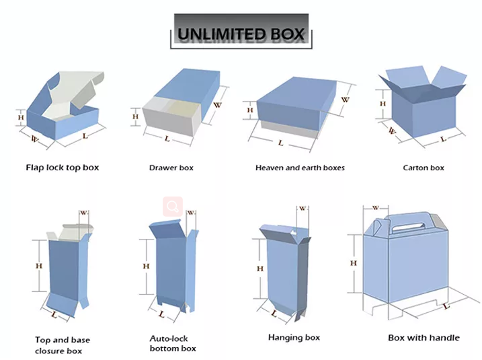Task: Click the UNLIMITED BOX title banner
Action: click(x=241, y=32)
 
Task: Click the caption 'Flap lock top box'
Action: click(x=62, y=168)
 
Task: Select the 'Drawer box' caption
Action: click(x=171, y=168)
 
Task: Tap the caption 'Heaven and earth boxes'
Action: click(x=300, y=168)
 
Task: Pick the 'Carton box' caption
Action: click(x=423, y=168)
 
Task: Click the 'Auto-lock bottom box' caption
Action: click(x=173, y=343)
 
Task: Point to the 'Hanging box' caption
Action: click(x=294, y=337)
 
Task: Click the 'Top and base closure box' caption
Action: click(x=63, y=345)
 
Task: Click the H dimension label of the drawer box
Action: click(x=135, y=116)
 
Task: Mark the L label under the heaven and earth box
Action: click(x=280, y=143)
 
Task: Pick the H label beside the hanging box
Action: click(x=260, y=268)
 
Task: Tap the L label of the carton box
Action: click(x=443, y=139)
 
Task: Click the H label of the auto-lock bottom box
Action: click(x=146, y=266)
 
